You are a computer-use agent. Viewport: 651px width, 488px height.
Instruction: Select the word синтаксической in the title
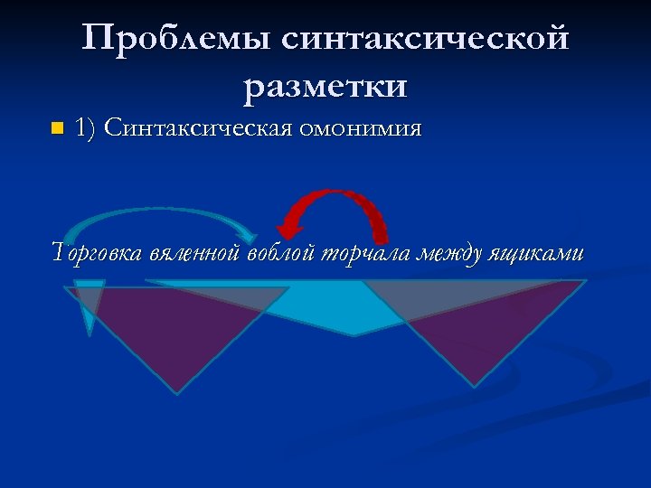coord(425,40)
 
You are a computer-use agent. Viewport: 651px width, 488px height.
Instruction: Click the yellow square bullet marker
coord(57,128)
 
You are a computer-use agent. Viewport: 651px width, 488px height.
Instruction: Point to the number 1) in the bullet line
coord(87,128)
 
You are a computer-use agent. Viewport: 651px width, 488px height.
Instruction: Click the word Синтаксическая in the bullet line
coord(197,128)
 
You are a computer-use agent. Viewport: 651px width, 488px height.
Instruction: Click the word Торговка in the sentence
coord(98,254)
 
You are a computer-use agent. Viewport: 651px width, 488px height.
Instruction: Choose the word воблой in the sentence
coord(281,254)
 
